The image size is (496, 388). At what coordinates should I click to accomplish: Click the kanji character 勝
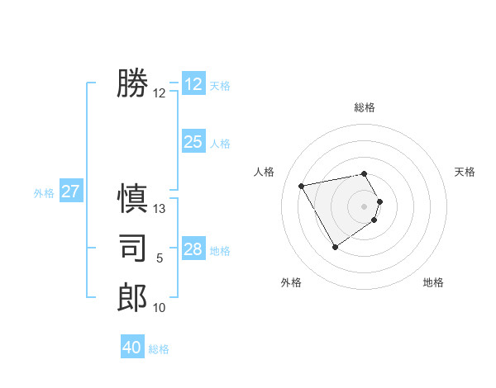coord(132,84)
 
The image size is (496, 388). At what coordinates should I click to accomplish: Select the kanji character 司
coord(132,248)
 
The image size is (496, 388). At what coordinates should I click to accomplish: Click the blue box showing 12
coord(193,84)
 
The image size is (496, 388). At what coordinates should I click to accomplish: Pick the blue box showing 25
coord(193,142)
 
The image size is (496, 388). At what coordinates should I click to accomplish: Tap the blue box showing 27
coord(70,192)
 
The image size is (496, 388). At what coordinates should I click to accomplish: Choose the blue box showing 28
coord(193,249)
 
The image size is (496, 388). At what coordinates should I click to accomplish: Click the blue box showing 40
coord(131,348)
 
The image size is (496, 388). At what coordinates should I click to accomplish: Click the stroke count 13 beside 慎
coord(160,209)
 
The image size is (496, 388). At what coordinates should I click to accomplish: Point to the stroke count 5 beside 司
coord(160,258)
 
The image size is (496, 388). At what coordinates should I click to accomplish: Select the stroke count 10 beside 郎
coord(160,308)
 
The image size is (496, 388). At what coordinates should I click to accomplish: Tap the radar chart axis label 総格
coord(365,107)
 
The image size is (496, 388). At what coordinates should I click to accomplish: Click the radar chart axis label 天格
coord(465,172)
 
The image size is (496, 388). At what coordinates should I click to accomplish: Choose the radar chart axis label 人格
coord(264,172)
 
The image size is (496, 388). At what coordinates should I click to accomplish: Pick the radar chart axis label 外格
coord(291,282)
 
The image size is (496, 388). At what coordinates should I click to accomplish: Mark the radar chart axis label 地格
coord(433,282)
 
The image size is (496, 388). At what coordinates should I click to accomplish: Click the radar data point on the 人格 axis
coord(302,186)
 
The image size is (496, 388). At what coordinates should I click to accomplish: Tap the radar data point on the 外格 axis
coord(335,247)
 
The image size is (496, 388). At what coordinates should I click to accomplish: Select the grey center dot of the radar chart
coord(365,206)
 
